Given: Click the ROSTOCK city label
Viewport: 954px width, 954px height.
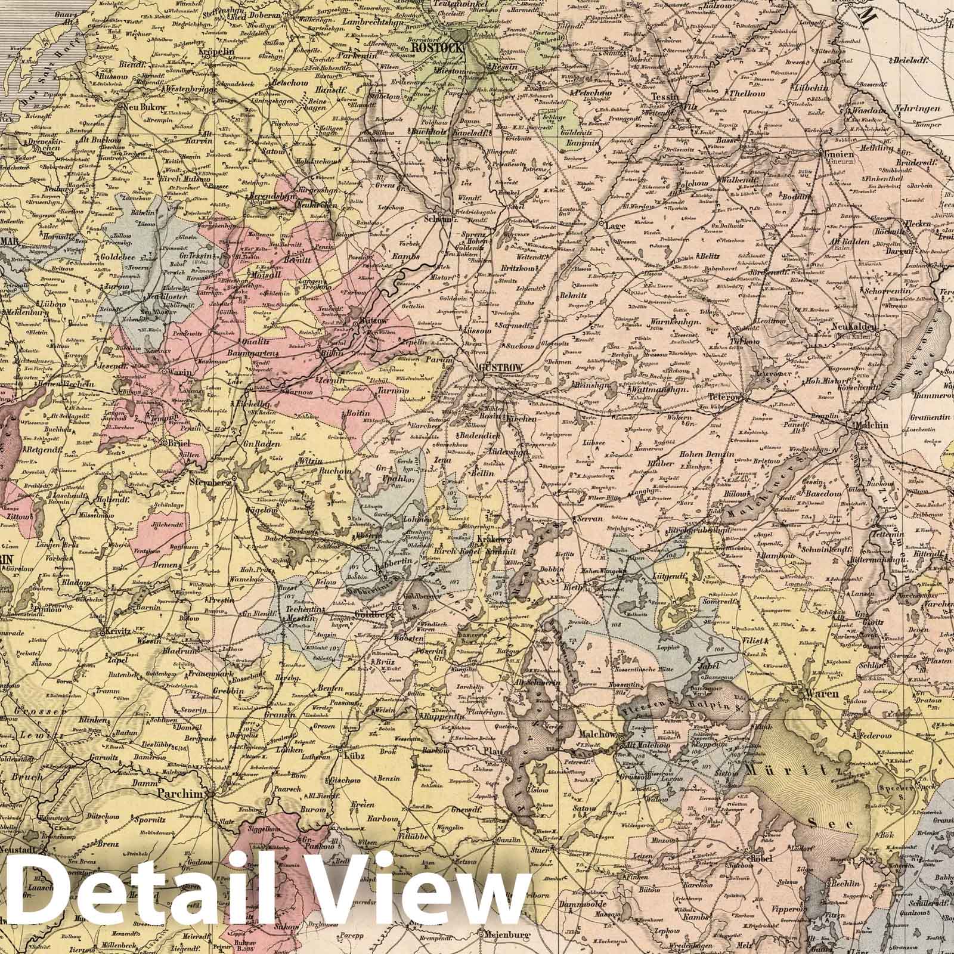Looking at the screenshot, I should (x=441, y=48).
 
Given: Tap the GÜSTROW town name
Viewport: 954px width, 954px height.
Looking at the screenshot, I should (x=501, y=368).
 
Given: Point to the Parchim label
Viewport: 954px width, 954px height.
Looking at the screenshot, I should (x=177, y=794).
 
